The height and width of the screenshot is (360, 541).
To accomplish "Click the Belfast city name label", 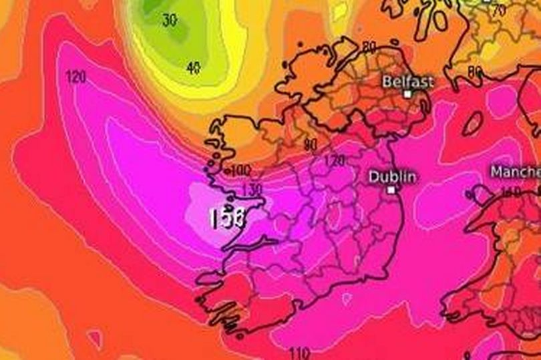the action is tap(407, 81).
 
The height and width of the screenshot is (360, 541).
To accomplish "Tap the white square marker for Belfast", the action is tap(407, 94).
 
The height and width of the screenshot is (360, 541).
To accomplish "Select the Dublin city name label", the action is tap(393, 177).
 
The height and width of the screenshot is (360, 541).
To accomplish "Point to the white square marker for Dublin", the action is tap(391, 189).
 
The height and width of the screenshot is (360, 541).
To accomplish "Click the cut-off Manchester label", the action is tap(515, 172).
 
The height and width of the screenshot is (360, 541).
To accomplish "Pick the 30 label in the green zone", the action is tap(170, 21).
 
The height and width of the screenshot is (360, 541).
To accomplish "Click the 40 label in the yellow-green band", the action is tap(194, 67).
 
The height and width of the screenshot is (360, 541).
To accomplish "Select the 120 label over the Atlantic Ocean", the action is tap(75, 77).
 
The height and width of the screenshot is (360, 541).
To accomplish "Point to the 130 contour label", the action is tap(252, 190).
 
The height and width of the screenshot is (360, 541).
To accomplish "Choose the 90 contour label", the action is tap(309, 144).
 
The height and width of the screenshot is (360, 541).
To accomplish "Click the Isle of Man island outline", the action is tap(472, 124).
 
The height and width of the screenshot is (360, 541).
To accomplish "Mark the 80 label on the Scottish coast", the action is tap(475, 70).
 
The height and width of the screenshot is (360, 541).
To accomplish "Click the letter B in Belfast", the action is tap(386, 81).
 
